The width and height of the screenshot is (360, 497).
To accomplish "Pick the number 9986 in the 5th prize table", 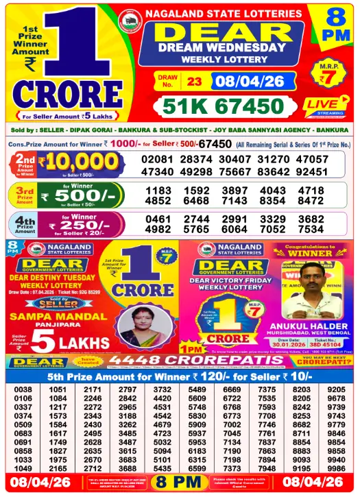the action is (x=337, y=468).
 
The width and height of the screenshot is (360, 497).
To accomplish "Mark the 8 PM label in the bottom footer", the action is (x=180, y=483).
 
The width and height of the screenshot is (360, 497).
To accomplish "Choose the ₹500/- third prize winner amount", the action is (x=82, y=196).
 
